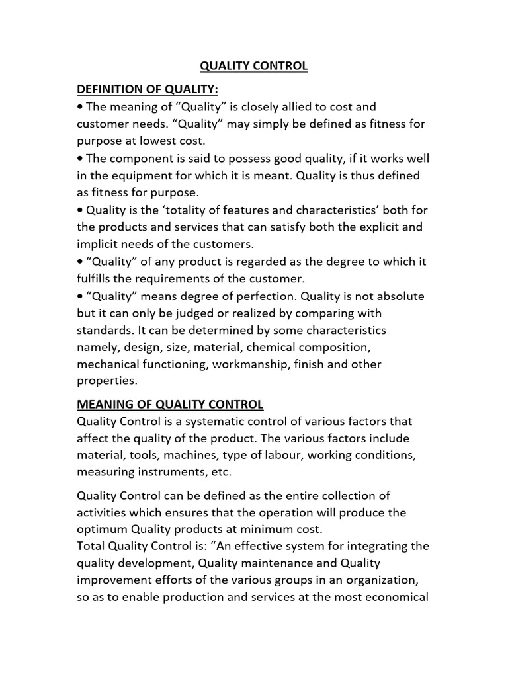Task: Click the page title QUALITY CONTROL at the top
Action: pos(254,67)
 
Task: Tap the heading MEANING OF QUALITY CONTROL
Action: pos(170,404)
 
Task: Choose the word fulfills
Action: pos(98,278)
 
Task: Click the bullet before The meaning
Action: pos(80,107)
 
